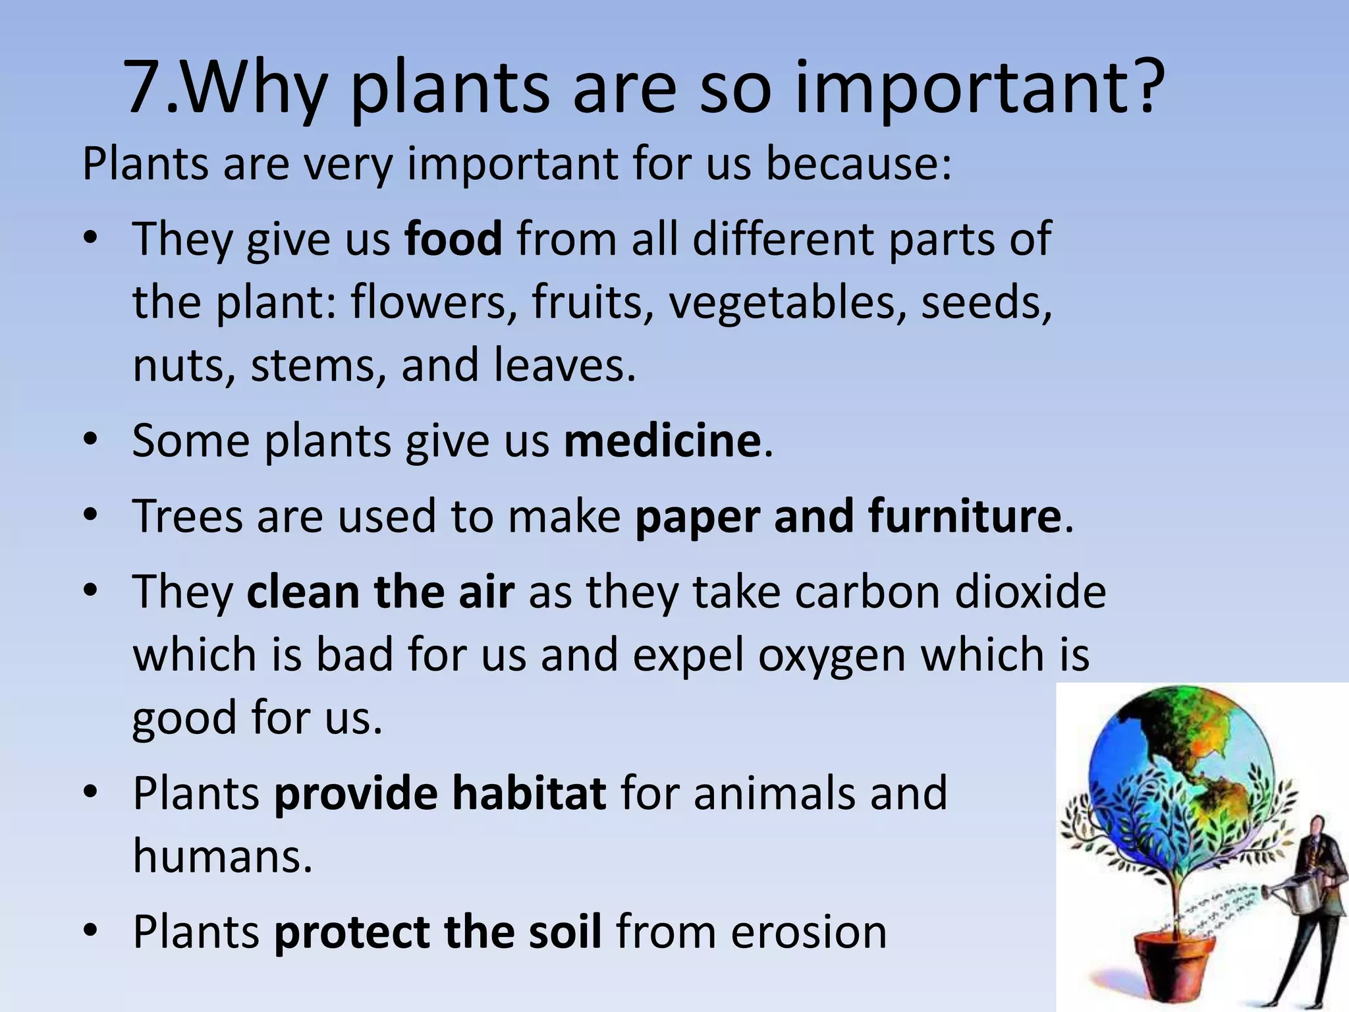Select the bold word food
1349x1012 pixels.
[x=453, y=239]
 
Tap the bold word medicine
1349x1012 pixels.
[x=662, y=441]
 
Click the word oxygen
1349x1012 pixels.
[x=832, y=656]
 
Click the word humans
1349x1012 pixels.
[x=222, y=856]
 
